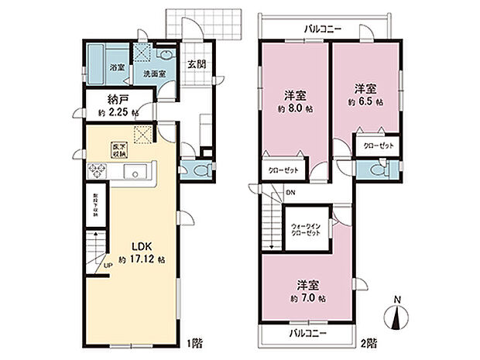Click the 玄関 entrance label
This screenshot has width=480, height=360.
pos(196,64)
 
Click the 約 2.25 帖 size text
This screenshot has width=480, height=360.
pos(118,113)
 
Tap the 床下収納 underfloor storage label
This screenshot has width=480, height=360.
pos(120,149)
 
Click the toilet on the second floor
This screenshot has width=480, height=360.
pos(377,170)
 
